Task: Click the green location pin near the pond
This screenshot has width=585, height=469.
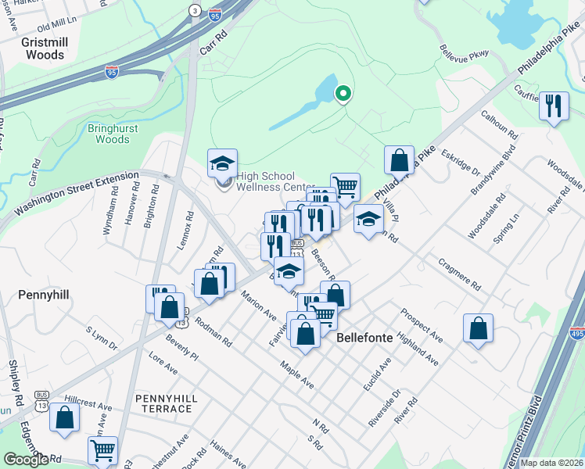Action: click(x=343, y=95)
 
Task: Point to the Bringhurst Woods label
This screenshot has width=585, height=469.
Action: click(x=113, y=132)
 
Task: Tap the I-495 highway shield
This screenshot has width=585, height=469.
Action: click(x=576, y=332)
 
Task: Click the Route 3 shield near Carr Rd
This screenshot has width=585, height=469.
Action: click(x=194, y=9)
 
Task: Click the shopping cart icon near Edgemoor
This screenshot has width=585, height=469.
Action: click(x=103, y=450)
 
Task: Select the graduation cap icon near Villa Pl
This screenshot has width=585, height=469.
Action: click(x=368, y=219)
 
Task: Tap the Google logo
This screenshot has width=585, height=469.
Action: click(x=26, y=460)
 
